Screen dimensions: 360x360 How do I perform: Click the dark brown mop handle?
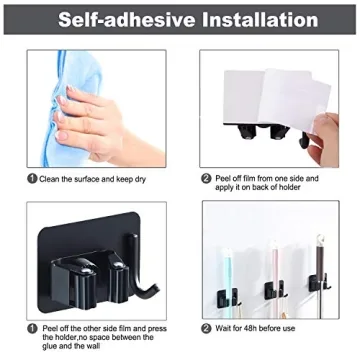tap(320, 250)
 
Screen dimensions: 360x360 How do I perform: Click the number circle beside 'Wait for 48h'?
tap(205, 327)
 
